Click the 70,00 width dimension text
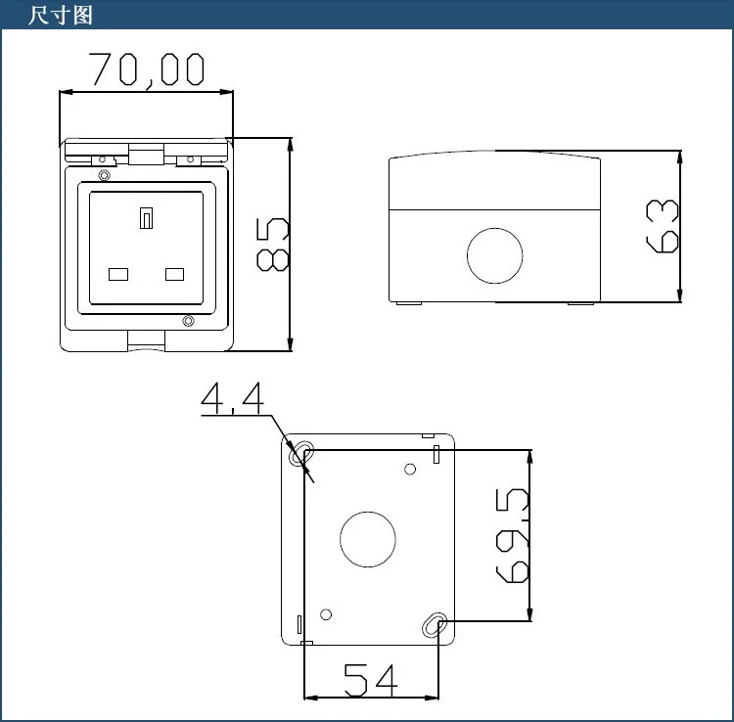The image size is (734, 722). [147, 70]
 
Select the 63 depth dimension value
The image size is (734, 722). [663, 226]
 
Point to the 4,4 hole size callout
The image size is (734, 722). [232, 398]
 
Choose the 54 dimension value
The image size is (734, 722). [370, 679]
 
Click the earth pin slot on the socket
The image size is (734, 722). [147, 217]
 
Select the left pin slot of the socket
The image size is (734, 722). [119, 273]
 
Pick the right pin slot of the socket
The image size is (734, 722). [175, 273]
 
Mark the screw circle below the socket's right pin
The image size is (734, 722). [188, 321]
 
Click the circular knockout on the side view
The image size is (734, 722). [495, 255]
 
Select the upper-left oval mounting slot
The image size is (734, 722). [303, 453]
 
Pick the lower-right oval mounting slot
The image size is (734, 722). [435, 625]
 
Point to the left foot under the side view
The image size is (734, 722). [409, 303]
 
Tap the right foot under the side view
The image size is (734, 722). [579, 303]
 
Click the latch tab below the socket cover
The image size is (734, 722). [147, 339]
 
